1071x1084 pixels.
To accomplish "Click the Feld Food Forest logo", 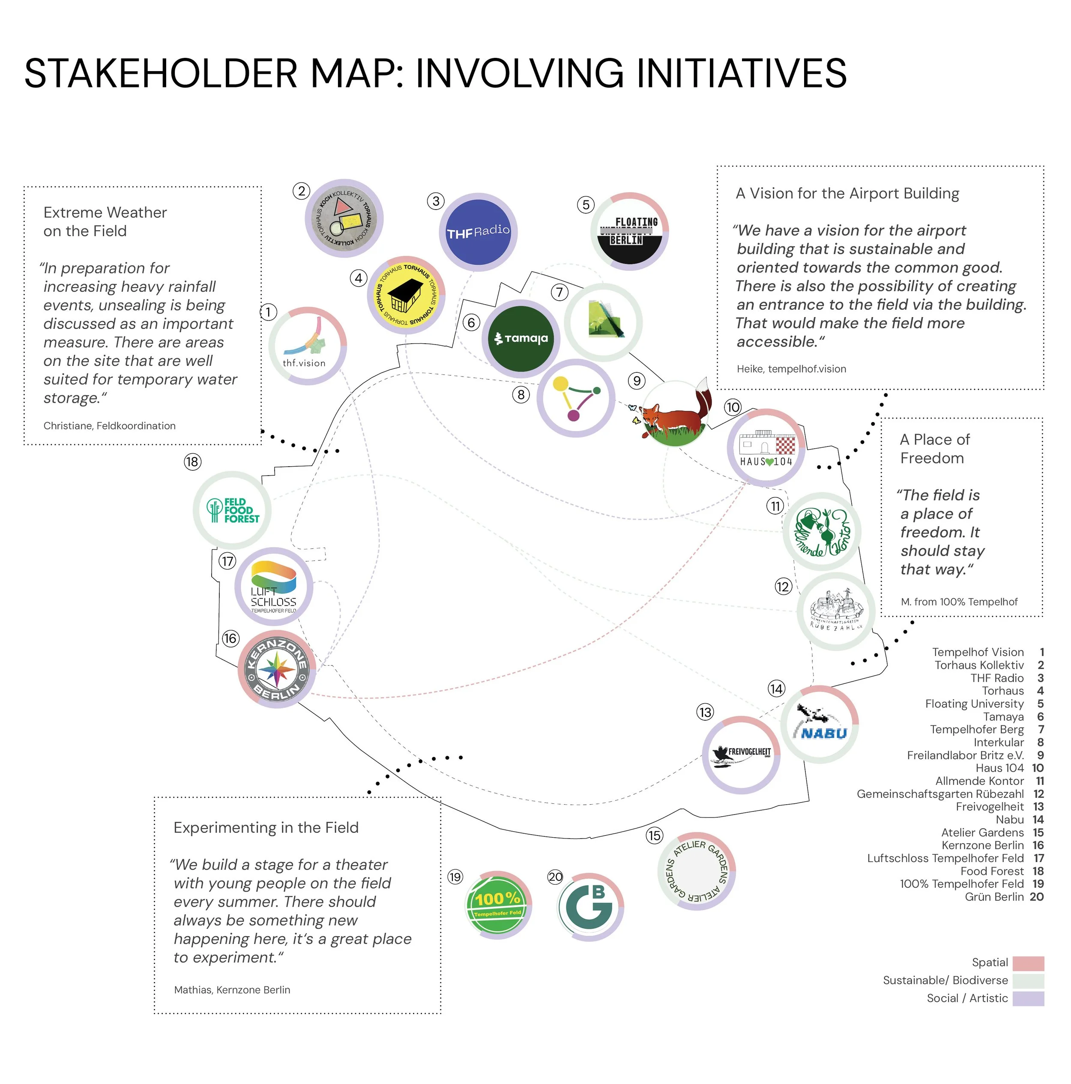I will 232,510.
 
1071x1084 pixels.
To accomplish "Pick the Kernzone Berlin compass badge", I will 277,669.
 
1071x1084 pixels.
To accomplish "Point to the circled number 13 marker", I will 705,713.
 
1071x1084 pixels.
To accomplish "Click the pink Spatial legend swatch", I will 1028,963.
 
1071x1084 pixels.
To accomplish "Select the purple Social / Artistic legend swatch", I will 1028,999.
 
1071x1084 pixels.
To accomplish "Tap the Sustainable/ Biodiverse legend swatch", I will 1028,981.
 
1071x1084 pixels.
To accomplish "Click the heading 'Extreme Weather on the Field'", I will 105,222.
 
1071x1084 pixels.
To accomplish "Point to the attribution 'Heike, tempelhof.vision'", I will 791,368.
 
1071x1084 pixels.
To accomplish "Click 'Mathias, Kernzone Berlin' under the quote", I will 232,990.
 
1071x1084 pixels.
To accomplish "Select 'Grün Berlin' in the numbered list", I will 994,897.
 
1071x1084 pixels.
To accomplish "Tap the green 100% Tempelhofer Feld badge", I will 498,905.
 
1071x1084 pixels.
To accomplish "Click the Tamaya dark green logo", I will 521,338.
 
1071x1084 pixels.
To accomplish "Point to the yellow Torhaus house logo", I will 406,296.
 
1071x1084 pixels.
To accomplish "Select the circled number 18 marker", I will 192,462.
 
